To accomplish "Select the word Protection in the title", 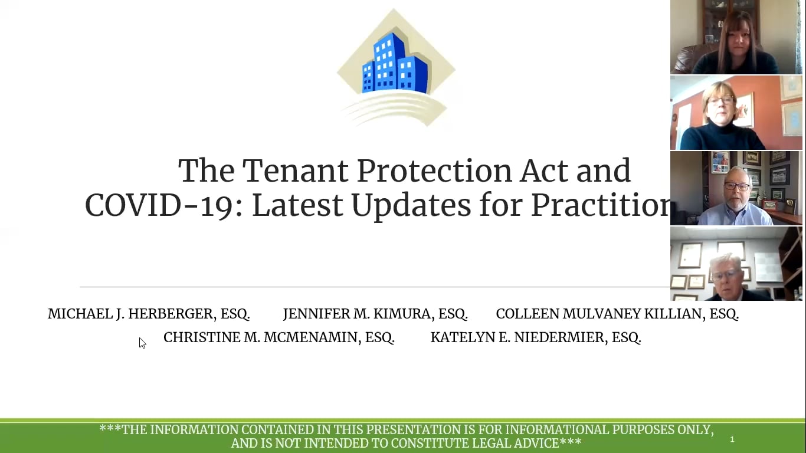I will pos(435,171).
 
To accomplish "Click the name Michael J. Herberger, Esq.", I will pos(149,314).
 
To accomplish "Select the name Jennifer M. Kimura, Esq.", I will pos(375,314).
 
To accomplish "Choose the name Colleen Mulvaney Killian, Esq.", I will pos(617,314).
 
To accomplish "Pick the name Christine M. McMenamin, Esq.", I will pos(279,337).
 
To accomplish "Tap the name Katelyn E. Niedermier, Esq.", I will pos(536,337).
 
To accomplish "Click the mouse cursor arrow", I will pos(142,343).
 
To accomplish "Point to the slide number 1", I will pos(732,439).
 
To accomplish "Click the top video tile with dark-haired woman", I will pos(736,37).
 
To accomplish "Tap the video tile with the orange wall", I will pos(736,113).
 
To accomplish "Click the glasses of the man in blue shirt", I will pos(736,186).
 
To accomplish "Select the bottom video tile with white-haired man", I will pos(736,264).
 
